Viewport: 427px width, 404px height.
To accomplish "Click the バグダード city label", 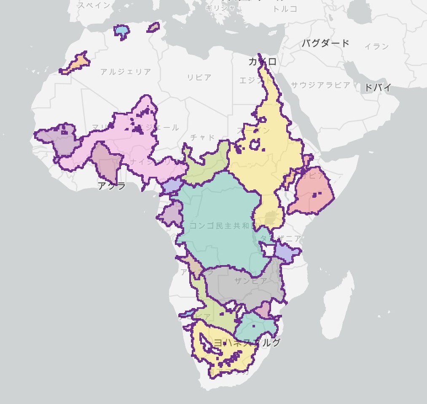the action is (325, 43).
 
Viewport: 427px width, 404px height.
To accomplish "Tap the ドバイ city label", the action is (377, 88).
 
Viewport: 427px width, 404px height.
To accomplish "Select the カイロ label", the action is (262, 62).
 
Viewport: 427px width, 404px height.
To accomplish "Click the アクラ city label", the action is (111, 186).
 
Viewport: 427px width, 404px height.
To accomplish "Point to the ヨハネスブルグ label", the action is (247, 342).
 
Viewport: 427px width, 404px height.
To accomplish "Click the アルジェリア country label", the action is (125, 72).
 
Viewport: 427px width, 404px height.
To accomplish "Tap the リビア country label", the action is (199, 77).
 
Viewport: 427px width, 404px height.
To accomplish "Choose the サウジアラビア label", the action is (320, 85).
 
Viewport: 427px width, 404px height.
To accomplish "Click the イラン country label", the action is (376, 46).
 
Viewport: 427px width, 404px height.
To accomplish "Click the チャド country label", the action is (202, 137).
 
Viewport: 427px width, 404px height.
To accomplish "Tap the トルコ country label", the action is (285, 9).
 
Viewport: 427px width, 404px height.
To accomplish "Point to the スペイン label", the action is (94, 5).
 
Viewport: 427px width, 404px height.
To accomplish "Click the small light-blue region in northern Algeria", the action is (121, 31).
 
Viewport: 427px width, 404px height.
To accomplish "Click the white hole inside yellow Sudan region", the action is (255, 145).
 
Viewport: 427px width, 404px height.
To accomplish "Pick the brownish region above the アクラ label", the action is (105, 162).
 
